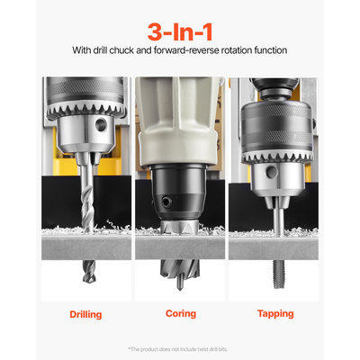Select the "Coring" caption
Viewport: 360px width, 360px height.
180,314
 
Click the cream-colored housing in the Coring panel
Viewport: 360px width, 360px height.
180,117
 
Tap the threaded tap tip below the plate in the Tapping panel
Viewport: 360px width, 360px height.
275,270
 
